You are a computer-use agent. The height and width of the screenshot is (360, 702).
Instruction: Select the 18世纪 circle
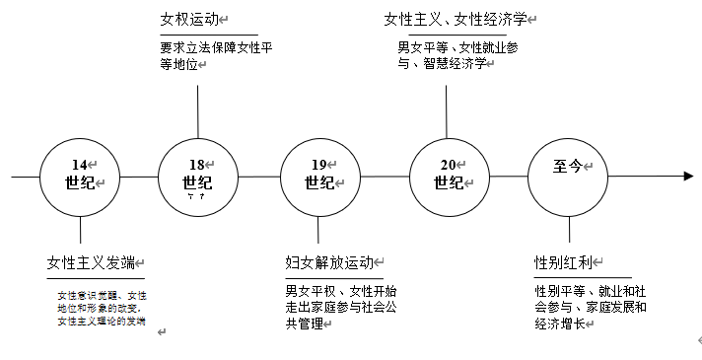[198, 177]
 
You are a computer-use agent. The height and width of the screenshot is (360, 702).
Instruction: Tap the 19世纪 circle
[319, 177]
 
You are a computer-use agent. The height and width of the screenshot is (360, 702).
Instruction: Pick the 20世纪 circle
[449, 177]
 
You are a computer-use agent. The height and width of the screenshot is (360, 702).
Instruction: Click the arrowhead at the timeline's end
[686, 177]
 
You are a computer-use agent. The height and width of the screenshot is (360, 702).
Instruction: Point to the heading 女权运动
[190, 19]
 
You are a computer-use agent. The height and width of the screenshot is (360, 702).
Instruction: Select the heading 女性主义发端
[94, 262]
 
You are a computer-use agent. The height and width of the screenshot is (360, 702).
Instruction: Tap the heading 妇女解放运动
[329, 262]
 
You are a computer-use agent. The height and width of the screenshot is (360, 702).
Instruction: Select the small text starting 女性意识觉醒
[102, 308]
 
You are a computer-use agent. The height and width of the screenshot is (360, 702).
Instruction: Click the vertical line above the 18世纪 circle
[198, 110]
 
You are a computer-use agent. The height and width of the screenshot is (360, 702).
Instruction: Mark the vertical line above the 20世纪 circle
[448, 110]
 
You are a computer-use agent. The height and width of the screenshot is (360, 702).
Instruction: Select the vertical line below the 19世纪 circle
[319, 234]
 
